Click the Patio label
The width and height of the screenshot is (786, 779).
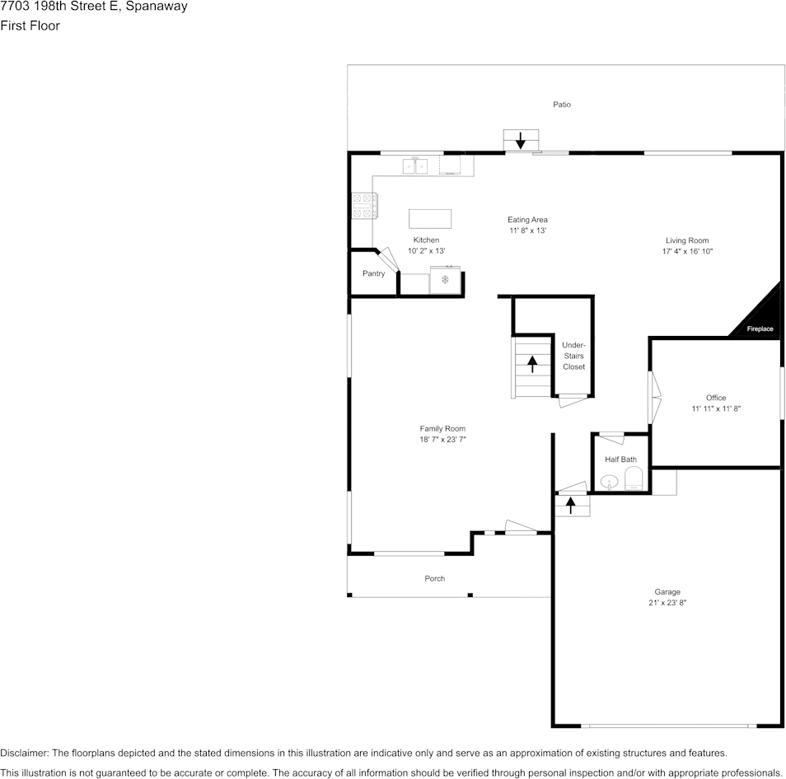(x=561, y=105)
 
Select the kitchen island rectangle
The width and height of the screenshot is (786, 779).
(x=430, y=219)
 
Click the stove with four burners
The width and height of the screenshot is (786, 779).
(x=364, y=205)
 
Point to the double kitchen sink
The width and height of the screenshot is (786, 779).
(x=415, y=166)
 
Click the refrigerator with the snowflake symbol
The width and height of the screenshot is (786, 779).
(x=445, y=279)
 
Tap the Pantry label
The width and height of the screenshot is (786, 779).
(x=373, y=273)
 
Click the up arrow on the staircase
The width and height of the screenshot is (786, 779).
(x=532, y=364)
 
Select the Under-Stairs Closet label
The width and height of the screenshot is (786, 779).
(x=573, y=356)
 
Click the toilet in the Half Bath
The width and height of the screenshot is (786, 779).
(x=634, y=479)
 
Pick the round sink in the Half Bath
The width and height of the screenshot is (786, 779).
(x=609, y=482)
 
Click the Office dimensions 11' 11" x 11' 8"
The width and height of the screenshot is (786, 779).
(x=716, y=408)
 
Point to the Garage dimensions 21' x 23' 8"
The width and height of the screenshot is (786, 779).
(x=667, y=603)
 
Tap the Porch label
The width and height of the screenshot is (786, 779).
(x=434, y=578)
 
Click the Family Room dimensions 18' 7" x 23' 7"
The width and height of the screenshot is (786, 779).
(x=442, y=440)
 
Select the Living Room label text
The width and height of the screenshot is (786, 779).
(x=687, y=240)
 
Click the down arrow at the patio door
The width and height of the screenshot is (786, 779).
(x=521, y=140)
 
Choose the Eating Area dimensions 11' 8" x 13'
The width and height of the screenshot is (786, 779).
(x=527, y=231)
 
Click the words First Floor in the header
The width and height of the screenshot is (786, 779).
(x=30, y=26)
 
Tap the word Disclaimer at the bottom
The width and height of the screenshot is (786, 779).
(x=24, y=753)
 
